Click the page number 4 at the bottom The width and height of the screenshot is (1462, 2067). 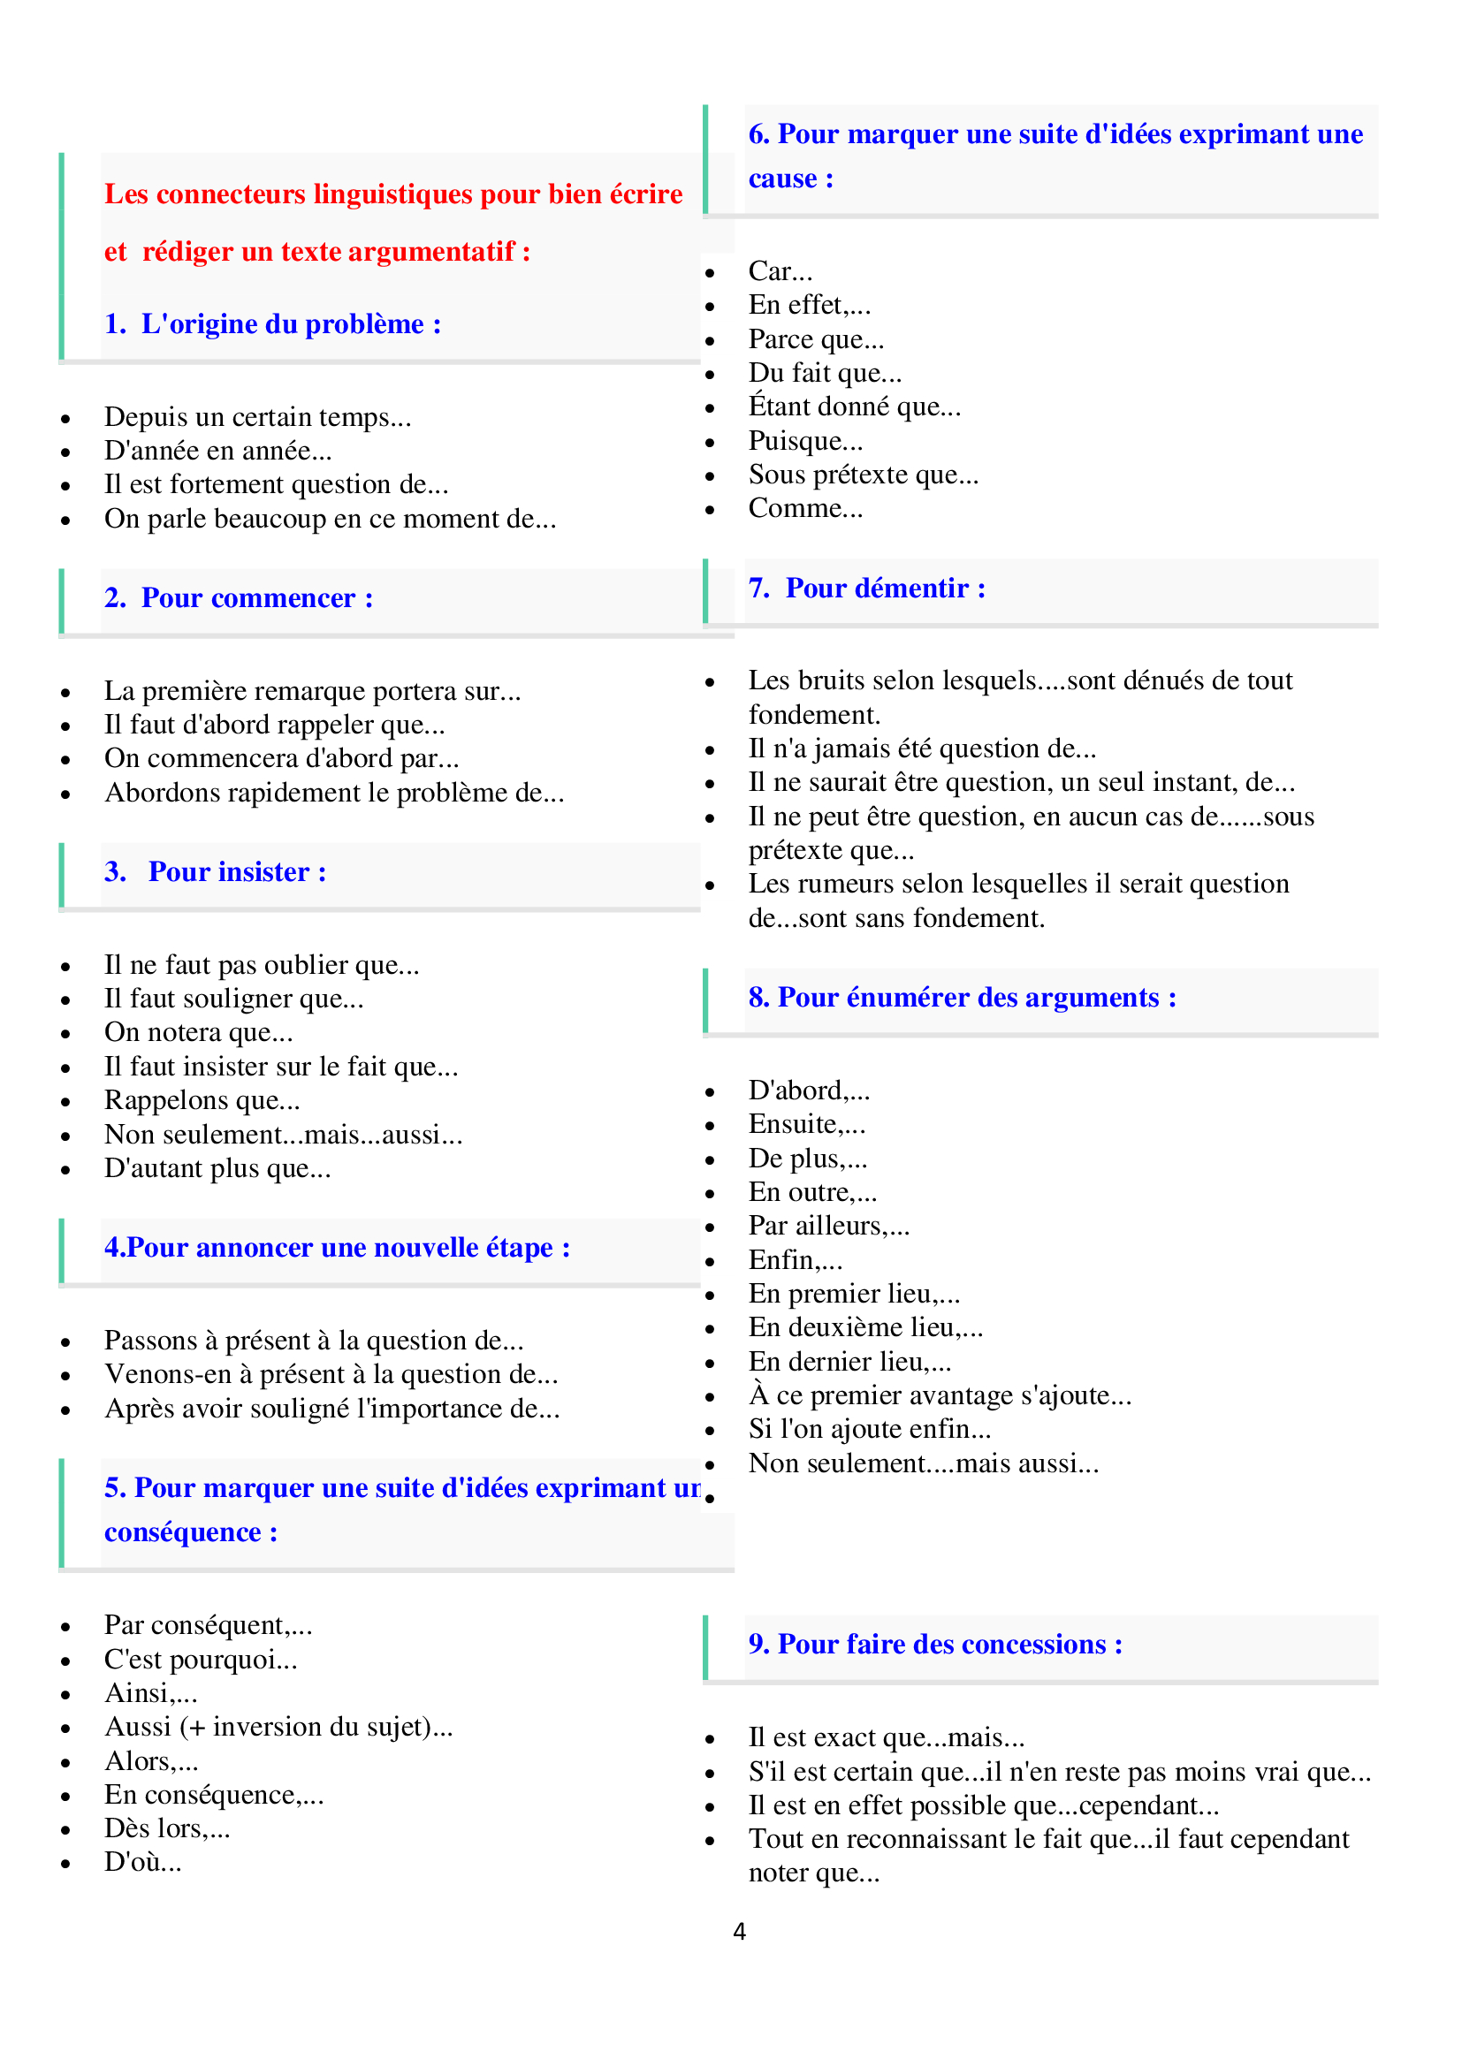[739, 1931]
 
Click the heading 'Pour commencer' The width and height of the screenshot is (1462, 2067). [256, 598]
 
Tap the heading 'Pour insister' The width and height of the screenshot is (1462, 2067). [237, 872]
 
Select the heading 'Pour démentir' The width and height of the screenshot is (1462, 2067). [885, 589]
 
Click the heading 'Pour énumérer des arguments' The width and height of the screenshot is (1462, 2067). [977, 999]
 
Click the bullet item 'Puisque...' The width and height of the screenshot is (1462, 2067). [805, 441]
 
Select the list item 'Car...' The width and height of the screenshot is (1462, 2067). [780, 271]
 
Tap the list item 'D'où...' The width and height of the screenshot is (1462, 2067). [142, 1862]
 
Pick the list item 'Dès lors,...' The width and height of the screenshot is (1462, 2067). [166, 1828]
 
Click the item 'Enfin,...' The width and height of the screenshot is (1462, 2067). [795, 1260]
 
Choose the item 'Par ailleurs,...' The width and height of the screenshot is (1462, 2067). [828, 1227]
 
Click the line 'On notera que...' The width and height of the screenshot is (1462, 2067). [198, 1032]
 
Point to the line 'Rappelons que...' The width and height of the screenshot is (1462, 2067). [202, 1100]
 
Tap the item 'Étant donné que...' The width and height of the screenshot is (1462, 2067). [854, 407]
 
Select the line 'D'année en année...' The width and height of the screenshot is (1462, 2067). [217, 451]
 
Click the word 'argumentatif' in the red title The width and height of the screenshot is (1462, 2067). [431, 252]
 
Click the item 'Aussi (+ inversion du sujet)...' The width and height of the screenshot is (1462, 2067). [278, 1727]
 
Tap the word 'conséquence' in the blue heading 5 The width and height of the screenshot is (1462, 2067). [183, 1532]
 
